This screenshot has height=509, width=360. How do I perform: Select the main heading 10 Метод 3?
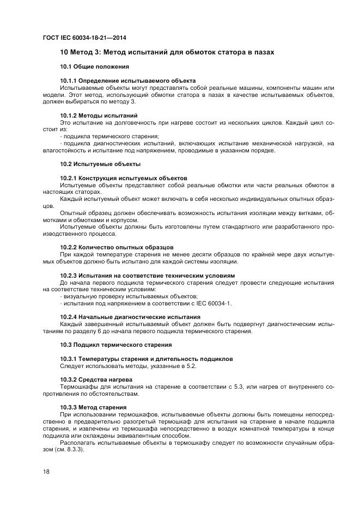coord(167,53)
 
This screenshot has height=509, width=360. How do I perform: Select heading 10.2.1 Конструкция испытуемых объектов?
coord(124,178)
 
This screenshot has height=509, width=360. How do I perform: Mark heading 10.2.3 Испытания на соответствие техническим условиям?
coord(148,275)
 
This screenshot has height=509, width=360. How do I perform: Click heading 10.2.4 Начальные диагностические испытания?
coord(130,317)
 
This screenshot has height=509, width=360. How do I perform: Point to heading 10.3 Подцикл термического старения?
coord(116,345)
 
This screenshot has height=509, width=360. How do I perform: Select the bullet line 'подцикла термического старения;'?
coord(111,136)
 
